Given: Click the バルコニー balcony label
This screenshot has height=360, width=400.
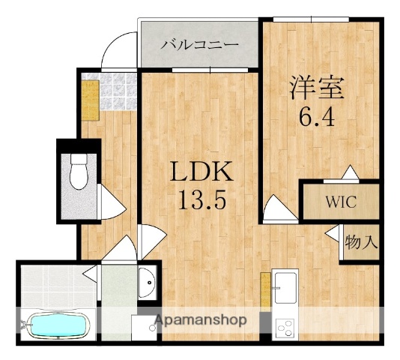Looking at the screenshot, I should click(199, 44).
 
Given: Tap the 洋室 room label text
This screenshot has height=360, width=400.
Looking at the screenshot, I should click(317, 88).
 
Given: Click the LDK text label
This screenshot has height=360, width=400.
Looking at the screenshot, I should click(201, 173).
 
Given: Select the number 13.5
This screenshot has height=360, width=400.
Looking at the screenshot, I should click(201, 200).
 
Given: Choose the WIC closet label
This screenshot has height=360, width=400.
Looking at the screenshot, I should click(339, 202).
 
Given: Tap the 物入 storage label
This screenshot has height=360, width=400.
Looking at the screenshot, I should click(360, 243).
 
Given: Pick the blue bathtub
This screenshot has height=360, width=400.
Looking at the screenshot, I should click(56, 325).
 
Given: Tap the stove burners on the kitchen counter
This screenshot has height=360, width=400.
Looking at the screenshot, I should click(285, 327).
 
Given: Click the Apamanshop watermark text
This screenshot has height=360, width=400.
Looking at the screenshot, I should click(200, 321).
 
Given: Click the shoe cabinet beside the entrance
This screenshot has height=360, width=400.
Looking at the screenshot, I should click(89, 100).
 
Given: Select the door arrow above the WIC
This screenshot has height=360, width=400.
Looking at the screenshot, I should click(349, 172).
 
